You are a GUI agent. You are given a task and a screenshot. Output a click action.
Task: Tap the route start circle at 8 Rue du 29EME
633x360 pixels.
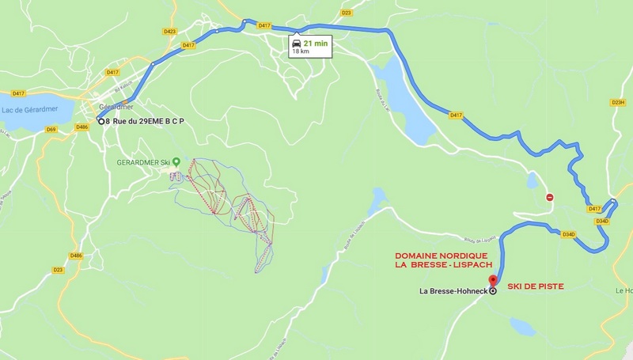[100, 120]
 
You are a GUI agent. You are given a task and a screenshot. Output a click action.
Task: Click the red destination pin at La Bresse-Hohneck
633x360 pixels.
[493, 280]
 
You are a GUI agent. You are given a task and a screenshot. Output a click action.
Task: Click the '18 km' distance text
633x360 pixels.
[301, 51]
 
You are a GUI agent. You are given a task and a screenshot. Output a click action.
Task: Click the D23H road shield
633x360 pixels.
[618, 102]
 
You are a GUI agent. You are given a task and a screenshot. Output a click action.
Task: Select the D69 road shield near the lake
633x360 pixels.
[51, 129]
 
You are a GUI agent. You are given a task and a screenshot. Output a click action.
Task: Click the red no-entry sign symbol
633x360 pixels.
[549, 197]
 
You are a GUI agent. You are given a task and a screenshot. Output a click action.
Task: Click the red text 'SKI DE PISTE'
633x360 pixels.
[536, 286]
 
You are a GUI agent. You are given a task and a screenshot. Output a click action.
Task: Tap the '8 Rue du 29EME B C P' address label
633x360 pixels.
[150, 121]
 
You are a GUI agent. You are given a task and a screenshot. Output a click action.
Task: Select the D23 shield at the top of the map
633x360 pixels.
[346, 13]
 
